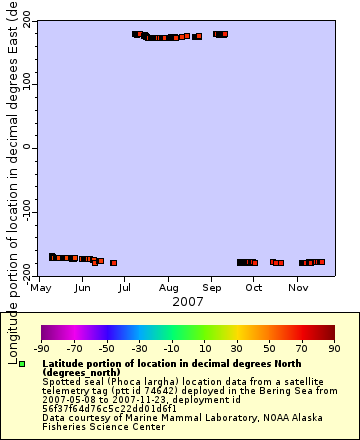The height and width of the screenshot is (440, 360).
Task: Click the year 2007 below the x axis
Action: tap(188, 301)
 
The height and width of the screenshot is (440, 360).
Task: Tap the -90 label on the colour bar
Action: tap(41, 348)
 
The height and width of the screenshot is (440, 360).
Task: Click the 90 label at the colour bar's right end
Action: tap(334, 348)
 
